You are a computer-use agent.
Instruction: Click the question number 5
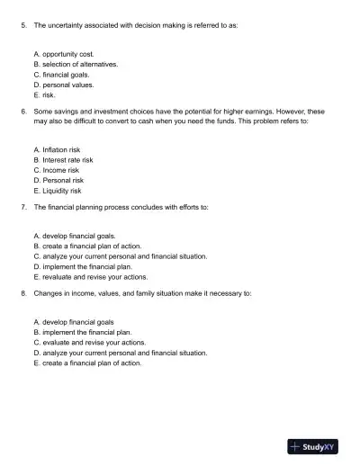point(22,25)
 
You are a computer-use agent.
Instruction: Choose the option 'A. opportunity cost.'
point(63,54)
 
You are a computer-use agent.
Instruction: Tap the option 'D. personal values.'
point(63,85)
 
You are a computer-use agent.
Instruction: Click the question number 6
point(22,111)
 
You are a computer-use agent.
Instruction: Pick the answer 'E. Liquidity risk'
point(57,191)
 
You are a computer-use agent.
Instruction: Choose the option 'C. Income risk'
point(56,170)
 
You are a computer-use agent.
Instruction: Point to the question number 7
point(22,207)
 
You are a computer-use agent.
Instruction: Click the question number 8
point(22,293)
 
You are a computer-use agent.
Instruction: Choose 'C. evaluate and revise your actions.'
point(88,343)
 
